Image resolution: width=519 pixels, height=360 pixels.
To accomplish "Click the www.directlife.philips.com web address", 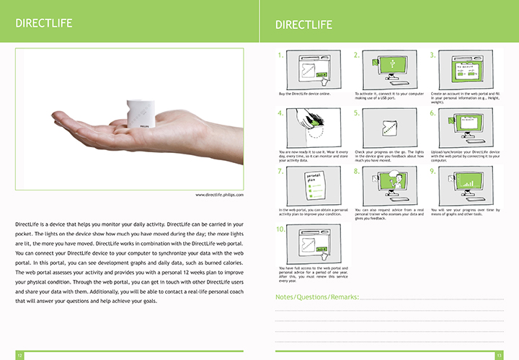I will [x=219, y=195].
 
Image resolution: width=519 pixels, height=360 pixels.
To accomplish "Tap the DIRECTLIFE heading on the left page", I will [x=44, y=23].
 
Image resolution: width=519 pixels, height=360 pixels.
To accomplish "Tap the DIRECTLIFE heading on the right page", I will [x=303, y=25].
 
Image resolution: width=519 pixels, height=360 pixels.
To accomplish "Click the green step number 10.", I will [x=281, y=229].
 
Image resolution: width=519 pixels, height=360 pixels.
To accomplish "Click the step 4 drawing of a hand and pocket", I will [x=310, y=128].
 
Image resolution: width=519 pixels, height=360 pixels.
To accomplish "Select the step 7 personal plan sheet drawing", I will [x=310, y=187].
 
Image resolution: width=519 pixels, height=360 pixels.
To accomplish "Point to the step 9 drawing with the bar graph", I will [x=462, y=187].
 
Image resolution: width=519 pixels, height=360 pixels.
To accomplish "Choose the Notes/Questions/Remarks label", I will [x=316, y=297].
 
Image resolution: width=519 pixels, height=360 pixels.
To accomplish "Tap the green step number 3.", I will [x=432, y=55].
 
